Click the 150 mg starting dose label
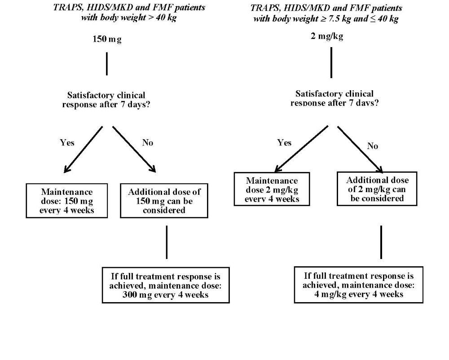[107, 39]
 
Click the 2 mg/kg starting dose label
[327, 36]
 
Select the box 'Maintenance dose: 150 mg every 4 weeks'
[67, 201]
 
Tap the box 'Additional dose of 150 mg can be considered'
[164, 201]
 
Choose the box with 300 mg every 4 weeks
[165, 285]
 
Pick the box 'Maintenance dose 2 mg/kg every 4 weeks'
[272, 189]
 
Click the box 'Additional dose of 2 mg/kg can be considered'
[377, 189]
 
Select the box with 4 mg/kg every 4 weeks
[358, 285]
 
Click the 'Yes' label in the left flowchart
[67, 143]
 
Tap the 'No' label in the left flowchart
[147, 143]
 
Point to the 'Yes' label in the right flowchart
[284, 143]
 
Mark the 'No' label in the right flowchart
[373, 146]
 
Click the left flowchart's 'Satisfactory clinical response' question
[106, 100]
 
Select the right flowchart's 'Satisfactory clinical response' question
[334, 98]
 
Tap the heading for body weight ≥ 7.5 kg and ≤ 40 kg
[326, 13]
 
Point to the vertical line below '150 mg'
[106, 64]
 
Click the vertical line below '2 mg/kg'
[331, 62]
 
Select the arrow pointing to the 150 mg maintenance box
[84, 149]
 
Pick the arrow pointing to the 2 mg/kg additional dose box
[360, 149]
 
